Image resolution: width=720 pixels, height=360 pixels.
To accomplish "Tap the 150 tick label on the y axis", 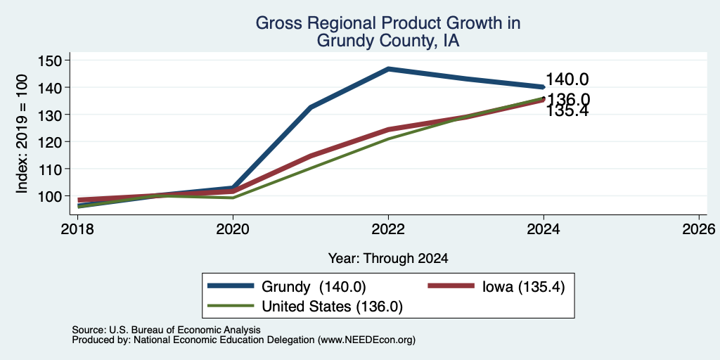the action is (48, 60).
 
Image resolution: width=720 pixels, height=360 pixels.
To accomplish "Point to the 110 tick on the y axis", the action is (48, 169).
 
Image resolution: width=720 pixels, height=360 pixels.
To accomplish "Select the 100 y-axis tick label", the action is (48, 196).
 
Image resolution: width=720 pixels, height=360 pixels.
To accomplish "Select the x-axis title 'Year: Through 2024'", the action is (388, 259).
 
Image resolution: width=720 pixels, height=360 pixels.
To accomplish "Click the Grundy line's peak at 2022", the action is (388, 69).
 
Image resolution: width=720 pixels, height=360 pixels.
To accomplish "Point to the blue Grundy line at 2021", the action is (311, 107).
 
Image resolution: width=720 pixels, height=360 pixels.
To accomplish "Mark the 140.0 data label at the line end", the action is (567, 79).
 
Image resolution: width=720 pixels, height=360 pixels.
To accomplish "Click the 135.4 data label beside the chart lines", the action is (567, 110).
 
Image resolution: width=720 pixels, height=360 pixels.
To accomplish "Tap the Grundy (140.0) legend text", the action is (314, 287).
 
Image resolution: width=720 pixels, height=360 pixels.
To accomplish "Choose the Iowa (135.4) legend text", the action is (523, 287).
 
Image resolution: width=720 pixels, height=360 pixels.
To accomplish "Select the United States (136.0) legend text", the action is (332, 307).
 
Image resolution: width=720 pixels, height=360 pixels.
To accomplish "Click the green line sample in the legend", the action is (231, 305).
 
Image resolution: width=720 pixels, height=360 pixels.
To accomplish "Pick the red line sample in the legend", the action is (451, 285).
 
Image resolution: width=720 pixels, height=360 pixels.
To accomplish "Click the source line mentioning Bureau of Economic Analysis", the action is (166, 330).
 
